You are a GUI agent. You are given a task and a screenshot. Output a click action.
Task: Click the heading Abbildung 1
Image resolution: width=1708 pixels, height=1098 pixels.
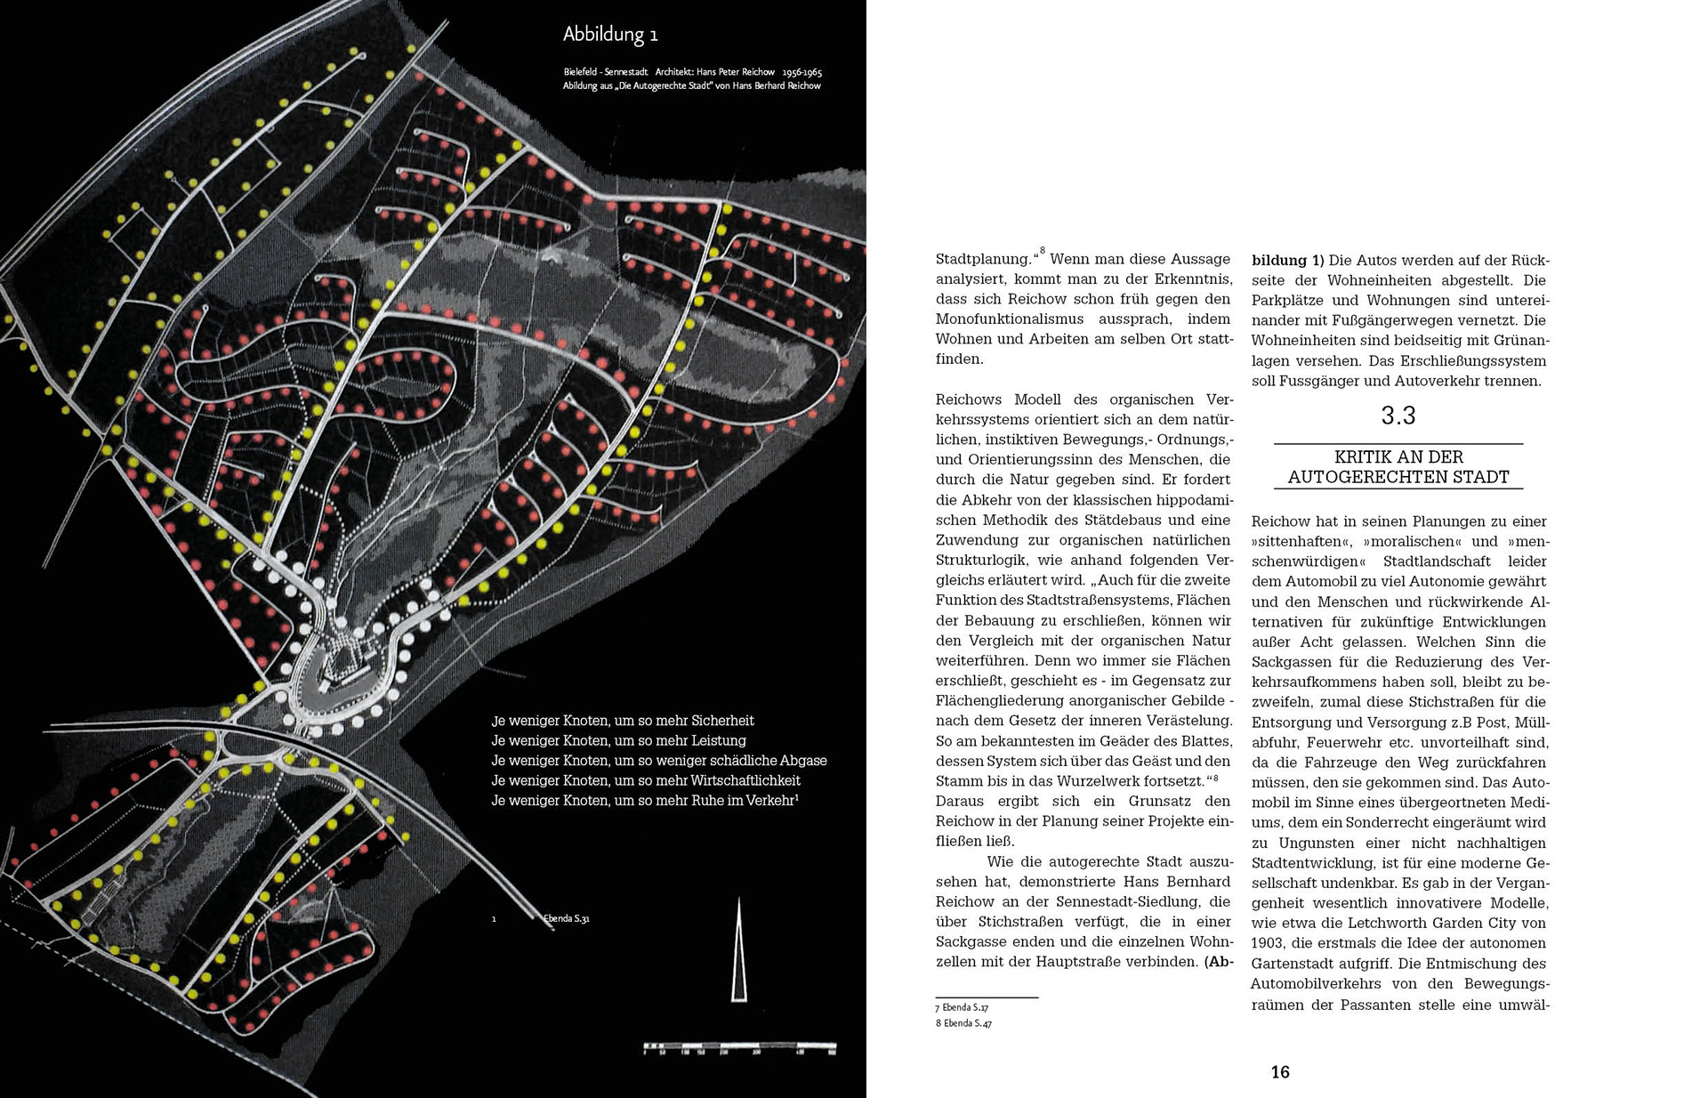(610, 35)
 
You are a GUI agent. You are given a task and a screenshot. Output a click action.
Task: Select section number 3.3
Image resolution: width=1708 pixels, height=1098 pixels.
(1398, 416)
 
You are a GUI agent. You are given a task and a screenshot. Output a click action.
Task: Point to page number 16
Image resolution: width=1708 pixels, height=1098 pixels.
(1280, 1072)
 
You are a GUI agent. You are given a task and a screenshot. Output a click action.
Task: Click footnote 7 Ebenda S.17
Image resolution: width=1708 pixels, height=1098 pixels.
(962, 1007)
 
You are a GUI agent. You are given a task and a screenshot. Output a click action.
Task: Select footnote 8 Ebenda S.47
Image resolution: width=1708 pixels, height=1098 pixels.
(963, 1023)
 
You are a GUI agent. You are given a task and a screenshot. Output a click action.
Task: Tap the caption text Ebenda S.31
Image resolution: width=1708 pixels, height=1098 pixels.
(567, 918)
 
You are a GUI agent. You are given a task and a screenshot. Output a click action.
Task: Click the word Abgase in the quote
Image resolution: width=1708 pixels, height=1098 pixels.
(803, 761)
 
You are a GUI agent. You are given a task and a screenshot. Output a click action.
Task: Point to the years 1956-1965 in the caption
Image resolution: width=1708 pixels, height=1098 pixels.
(802, 72)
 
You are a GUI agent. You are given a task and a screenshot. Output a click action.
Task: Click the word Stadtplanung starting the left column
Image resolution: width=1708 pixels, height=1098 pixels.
(983, 260)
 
